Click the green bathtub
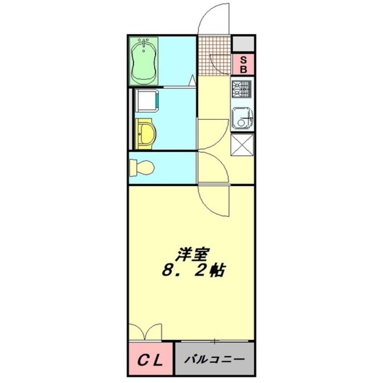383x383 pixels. click(x=144, y=61)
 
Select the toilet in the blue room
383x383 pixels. click(x=141, y=167)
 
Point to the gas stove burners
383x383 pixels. click(x=242, y=89)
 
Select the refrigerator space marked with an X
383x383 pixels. click(x=242, y=144)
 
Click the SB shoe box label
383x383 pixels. click(x=243, y=65)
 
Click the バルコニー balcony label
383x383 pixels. click(x=214, y=360)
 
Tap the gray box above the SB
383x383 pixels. click(x=243, y=44)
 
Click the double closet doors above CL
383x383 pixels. click(x=145, y=332)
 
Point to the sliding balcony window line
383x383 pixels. click(x=215, y=340)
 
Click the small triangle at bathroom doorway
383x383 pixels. click(x=193, y=82)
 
